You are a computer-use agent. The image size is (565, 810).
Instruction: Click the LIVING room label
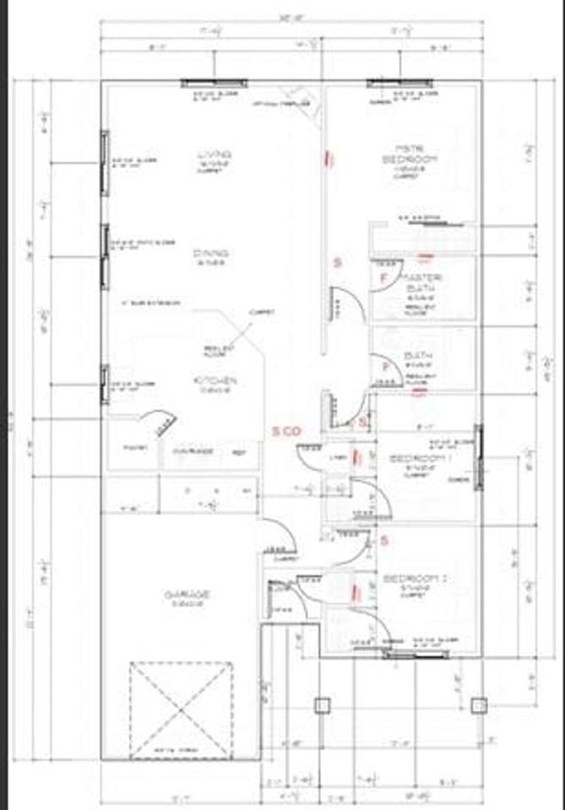[x=214, y=154]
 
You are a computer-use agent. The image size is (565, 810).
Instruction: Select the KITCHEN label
[x=216, y=381]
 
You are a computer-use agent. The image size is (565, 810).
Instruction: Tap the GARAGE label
[x=186, y=595]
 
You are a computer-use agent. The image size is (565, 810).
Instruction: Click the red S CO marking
[x=286, y=431]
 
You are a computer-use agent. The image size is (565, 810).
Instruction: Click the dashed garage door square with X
[x=181, y=710]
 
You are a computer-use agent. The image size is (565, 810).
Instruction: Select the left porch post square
[x=321, y=705]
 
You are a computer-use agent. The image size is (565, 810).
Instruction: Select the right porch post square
[x=479, y=705]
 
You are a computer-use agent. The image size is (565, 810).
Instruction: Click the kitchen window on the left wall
[x=105, y=385]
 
